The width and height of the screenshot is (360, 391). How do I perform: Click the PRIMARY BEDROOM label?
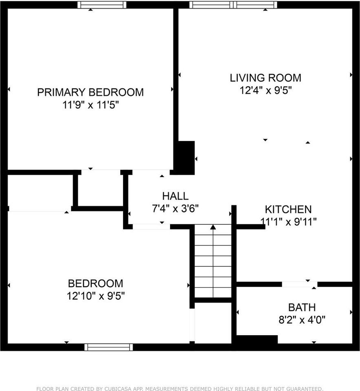click(90, 92)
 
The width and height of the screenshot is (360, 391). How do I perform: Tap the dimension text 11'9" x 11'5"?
click(90, 105)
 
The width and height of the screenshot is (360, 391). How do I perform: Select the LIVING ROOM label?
click(265, 77)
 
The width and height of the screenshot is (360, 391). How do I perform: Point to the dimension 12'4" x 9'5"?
click(265, 90)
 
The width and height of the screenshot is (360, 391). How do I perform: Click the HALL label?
click(175, 196)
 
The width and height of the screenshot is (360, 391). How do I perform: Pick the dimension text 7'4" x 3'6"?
click(175, 209)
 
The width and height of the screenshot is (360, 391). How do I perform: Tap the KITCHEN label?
click(288, 209)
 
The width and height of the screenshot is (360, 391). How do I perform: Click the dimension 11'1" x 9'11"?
click(288, 222)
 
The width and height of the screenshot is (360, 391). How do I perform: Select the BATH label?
click(302, 308)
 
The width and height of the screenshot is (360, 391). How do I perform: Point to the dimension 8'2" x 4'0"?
click(302, 320)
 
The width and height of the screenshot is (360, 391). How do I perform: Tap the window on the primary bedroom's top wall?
click(102, 5)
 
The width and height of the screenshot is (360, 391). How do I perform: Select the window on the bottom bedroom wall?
click(108, 347)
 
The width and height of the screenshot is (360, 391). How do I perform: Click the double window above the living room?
click(233, 5)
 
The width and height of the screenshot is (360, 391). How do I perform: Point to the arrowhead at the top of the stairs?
click(212, 227)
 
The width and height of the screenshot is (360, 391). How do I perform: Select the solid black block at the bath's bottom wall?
click(257, 340)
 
